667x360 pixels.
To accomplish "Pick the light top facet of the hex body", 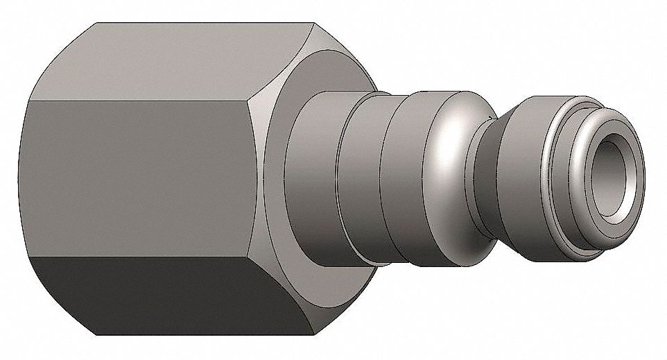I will (x=159, y=59).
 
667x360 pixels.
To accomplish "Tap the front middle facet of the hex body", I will (x=139, y=177).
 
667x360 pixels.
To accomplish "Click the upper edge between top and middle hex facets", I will (x=139, y=99).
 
